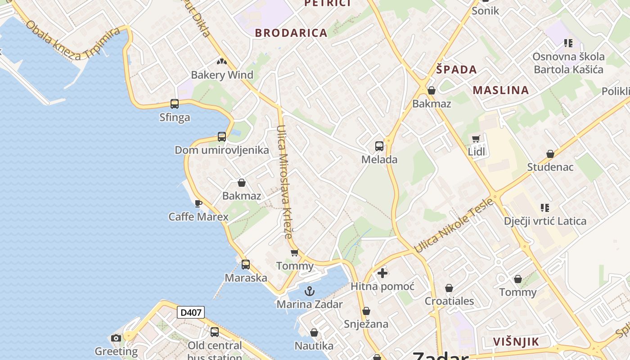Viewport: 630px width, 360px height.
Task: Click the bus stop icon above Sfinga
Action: pos(175,104)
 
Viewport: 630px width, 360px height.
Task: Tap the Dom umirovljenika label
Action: pos(222,150)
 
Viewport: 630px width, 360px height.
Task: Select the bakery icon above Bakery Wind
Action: pos(221,61)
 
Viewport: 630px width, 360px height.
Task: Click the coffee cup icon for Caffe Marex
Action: pos(198,203)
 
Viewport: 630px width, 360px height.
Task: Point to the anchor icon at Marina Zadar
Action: pos(309,291)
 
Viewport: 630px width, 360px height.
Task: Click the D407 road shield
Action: pos(191,312)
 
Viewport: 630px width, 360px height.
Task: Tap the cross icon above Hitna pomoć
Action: pos(382,273)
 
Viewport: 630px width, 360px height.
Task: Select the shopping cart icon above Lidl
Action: pos(476,139)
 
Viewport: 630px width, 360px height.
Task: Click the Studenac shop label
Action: pos(550,167)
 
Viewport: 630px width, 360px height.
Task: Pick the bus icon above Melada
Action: pos(379,146)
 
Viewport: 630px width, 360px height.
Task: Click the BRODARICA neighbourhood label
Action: pos(291,33)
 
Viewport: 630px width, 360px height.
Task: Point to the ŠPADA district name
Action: pos(456,69)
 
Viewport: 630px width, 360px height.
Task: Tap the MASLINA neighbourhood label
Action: pos(501,90)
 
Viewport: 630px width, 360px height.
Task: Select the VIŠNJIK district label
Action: pos(516,342)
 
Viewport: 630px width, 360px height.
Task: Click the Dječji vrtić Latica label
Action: pos(545,221)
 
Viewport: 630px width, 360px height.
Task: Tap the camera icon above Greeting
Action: pos(116,338)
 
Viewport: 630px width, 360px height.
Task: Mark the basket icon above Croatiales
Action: pos(449,288)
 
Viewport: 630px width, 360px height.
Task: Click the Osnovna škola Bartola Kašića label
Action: pos(568,63)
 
